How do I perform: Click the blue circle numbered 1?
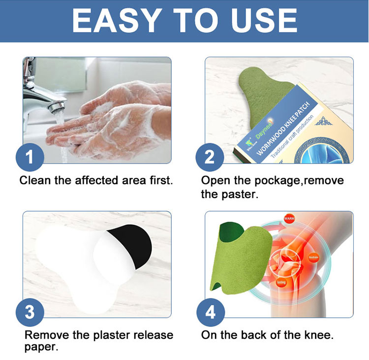point(31,158)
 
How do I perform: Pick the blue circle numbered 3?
point(31,312)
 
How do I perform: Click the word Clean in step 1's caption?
point(35,180)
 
